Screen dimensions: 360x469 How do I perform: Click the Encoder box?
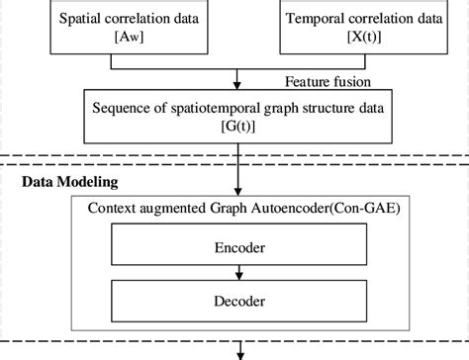point(238,248)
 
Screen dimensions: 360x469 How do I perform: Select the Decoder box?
point(238,300)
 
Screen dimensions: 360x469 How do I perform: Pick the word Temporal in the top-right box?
point(315,18)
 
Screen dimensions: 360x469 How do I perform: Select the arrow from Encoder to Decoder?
point(238,274)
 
